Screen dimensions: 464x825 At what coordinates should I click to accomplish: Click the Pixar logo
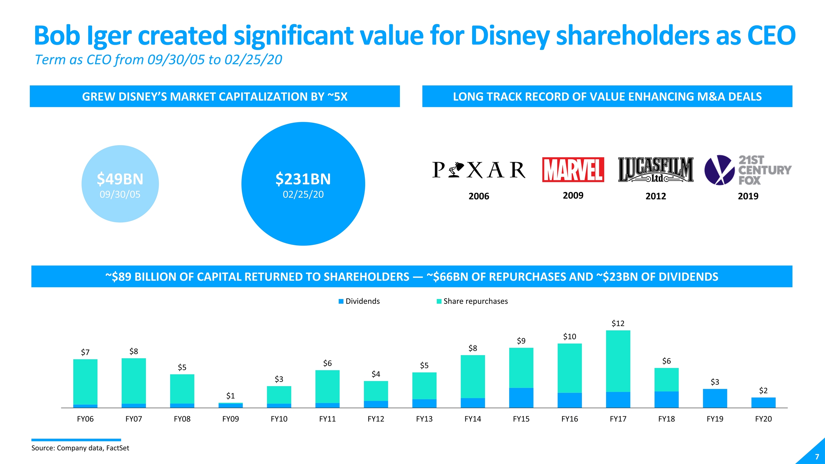[479, 170]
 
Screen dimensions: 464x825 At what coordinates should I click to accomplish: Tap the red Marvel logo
[573, 170]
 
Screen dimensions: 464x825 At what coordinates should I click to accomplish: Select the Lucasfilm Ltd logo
[655, 170]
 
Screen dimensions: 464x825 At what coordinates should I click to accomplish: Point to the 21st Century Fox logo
[748, 170]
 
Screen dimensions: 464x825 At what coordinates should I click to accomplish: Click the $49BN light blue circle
[120, 184]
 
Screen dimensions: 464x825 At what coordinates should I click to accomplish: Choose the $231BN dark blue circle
[303, 184]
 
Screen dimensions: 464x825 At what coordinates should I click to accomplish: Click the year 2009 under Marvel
[573, 196]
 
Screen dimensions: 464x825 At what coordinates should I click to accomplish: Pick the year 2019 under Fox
[748, 196]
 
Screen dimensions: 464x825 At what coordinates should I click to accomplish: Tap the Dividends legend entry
[359, 301]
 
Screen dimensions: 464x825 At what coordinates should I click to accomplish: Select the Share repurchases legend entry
[472, 301]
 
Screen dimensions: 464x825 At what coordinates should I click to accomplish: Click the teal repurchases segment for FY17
[618, 361]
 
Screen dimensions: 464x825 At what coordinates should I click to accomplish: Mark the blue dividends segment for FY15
[521, 398]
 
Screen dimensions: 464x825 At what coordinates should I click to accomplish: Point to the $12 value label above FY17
[618, 324]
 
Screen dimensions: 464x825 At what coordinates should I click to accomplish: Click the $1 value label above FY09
[230, 396]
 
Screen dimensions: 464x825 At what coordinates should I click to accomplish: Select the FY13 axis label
[424, 419]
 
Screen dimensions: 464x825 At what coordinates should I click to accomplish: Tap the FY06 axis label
[85, 419]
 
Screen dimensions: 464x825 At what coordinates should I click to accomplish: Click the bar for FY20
[763, 403]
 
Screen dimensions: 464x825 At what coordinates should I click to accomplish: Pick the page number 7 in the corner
[817, 457]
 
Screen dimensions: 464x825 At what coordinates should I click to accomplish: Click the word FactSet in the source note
[118, 448]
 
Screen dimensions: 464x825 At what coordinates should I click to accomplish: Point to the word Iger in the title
[109, 36]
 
